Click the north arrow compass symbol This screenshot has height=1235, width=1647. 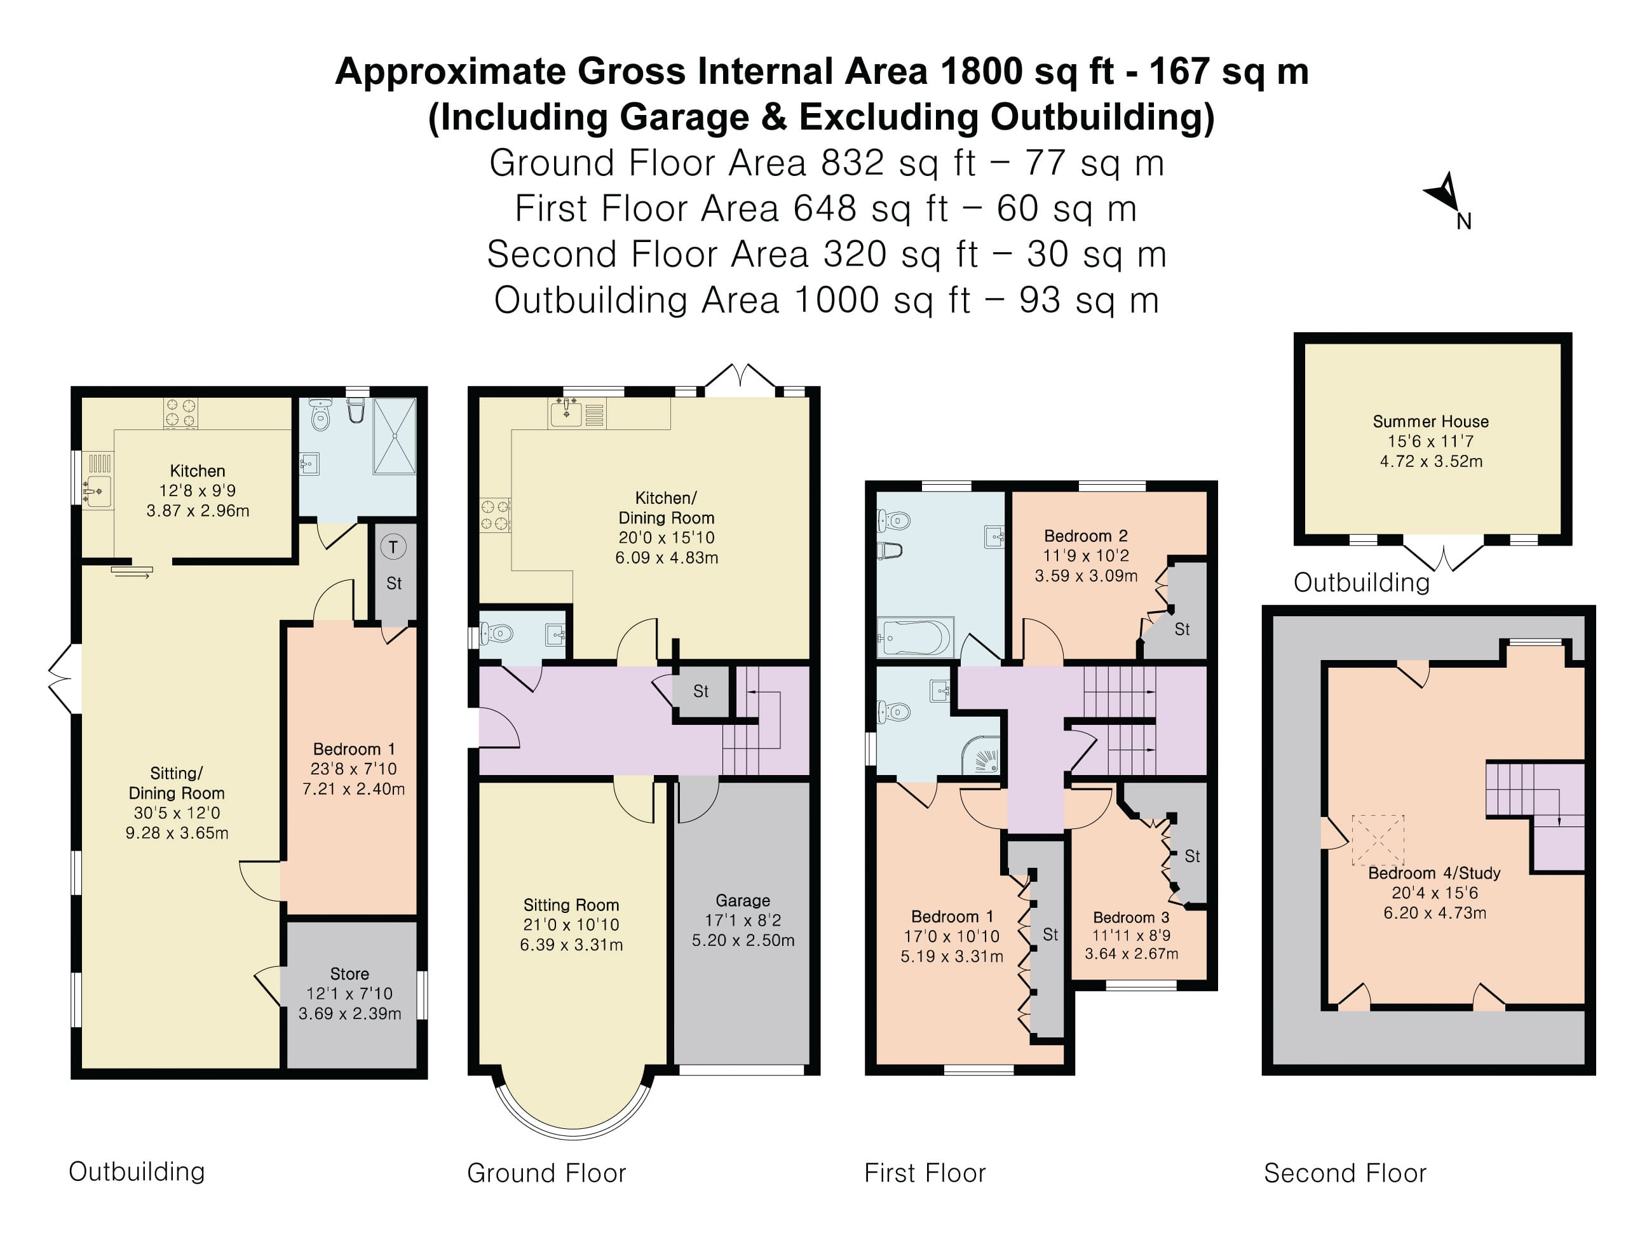1448,195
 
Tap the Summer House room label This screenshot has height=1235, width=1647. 1430,421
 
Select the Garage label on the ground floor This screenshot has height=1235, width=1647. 742,901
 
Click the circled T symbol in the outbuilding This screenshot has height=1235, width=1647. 393,547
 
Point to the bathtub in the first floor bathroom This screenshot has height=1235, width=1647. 915,637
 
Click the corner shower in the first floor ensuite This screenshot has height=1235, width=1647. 980,754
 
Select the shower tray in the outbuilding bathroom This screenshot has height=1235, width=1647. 395,435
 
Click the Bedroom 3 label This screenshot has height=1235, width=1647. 1130,917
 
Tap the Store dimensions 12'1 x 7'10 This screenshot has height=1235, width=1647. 349,994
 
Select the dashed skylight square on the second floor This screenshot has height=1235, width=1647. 1378,840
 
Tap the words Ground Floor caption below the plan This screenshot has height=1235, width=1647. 546,1173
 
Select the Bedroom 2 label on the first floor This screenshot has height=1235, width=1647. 1085,536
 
